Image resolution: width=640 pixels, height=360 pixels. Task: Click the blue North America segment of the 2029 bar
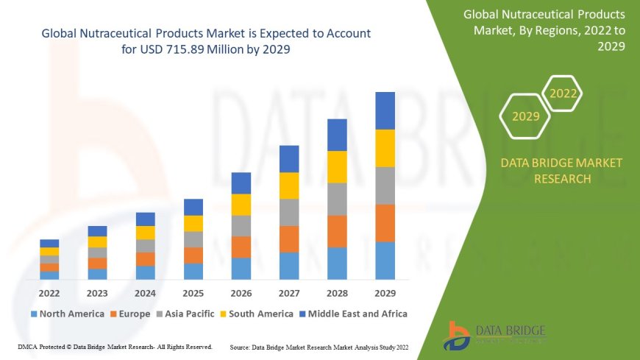pos(385,261)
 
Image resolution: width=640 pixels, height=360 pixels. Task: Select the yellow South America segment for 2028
pos(337,166)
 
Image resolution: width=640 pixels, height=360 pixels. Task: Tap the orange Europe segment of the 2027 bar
pos(289,239)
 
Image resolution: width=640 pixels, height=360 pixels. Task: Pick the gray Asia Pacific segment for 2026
pos(241,225)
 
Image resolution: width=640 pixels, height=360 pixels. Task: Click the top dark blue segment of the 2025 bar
pos(193,207)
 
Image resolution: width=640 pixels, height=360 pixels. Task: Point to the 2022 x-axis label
pos(49,293)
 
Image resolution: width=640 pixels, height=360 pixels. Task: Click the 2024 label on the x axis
pos(145,293)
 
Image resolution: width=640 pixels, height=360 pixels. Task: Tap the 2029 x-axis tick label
pos(385,293)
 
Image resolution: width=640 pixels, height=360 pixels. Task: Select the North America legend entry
pos(67,314)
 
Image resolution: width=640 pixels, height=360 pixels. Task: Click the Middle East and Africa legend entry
pos(353,314)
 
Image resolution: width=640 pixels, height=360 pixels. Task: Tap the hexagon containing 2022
pos(563,93)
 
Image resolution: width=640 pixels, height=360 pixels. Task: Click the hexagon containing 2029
pos(525,116)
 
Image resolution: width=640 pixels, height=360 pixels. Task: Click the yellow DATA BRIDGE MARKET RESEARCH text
pos(561,171)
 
